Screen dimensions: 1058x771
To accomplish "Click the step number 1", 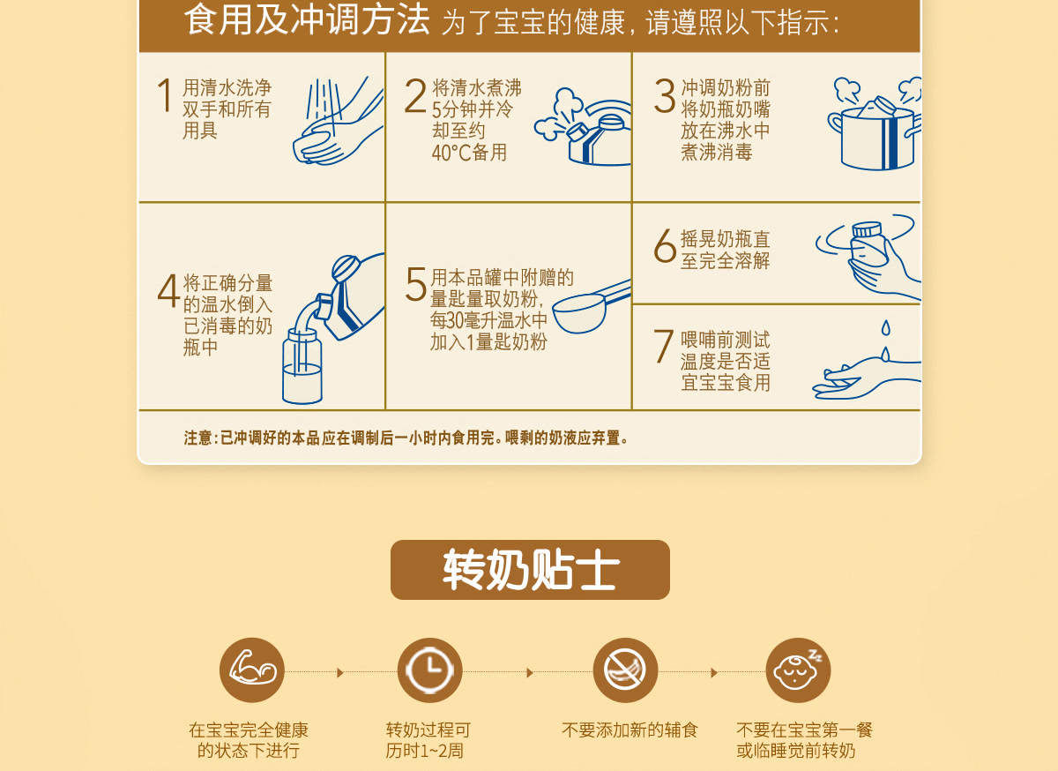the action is coord(165,95).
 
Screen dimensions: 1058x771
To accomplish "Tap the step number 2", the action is coord(415,95).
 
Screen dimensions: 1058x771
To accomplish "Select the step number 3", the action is coord(665,96).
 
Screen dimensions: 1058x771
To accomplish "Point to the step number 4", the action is coord(168,291).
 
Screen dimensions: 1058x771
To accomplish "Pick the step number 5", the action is coord(416,284).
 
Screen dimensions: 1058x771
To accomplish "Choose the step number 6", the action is coord(665,245).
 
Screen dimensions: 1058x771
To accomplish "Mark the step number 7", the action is coord(663,346).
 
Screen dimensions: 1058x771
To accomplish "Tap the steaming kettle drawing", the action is coord(583,127).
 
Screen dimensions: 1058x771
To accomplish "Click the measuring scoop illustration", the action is coord(592,306).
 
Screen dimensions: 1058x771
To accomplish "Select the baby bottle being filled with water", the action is coord(302,366).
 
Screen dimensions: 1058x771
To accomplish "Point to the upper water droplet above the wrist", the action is coord(885,327).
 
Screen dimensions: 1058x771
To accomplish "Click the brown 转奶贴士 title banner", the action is coord(530,570).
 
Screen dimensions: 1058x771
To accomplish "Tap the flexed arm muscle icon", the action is coord(252,670).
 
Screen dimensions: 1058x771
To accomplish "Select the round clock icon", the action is coord(430,670).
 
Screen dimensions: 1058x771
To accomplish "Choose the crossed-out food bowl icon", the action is coord(625,670).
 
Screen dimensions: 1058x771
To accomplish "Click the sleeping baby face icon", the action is coord(798,670).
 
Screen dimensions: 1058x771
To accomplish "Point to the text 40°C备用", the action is coord(469,153).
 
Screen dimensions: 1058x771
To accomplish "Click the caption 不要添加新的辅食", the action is coord(630,730).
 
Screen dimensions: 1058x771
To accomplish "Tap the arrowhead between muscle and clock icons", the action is coord(340,672).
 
